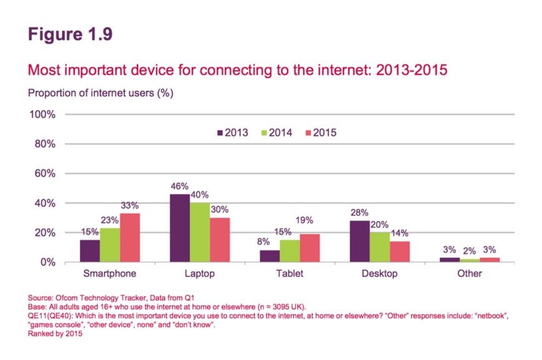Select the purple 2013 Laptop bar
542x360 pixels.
pyautogui.click(x=180, y=228)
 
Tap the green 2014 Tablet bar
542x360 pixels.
pyautogui.click(x=290, y=251)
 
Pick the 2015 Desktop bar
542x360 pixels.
pyautogui.click(x=400, y=251)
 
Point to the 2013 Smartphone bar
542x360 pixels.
pyautogui.click(x=89, y=251)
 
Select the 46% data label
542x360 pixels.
pyautogui.click(x=180, y=187)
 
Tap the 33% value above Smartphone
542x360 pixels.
pyautogui.click(x=130, y=206)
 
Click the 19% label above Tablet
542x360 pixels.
pyautogui.click(x=310, y=220)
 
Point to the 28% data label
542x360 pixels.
pyautogui.click(x=360, y=213)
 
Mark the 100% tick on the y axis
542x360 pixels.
pyautogui.click(x=42, y=115)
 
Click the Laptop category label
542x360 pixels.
pyautogui.click(x=200, y=274)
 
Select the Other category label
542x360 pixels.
pyautogui.click(x=470, y=274)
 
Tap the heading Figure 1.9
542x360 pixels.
pyautogui.click(x=70, y=34)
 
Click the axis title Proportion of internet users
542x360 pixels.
pyautogui.click(x=100, y=94)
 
